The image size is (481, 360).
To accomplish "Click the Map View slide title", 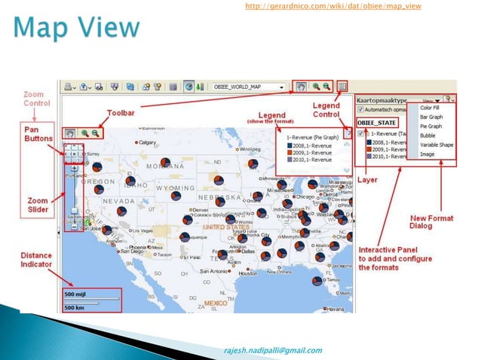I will tap(76, 29).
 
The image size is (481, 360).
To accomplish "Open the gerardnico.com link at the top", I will tap(332, 7).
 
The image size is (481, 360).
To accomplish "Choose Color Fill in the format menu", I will tap(431, 107).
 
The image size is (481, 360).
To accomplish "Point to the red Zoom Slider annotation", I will tap(37, 206).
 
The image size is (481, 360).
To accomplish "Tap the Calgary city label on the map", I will tap(147, 142).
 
